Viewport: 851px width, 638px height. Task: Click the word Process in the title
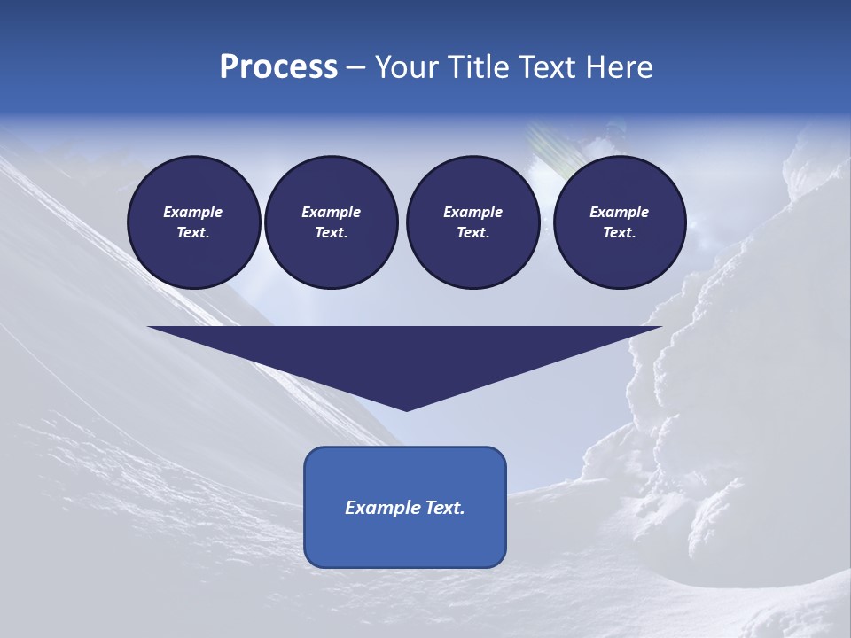point(278,67)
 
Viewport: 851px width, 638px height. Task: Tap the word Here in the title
point(621,67)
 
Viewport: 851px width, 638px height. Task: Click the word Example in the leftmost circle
point(193,212)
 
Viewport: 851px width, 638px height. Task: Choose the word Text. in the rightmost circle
point(620,233)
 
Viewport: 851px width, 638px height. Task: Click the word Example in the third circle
point(472,212)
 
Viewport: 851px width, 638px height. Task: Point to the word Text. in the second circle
point(331,233)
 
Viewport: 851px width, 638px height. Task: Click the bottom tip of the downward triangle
point(406,408)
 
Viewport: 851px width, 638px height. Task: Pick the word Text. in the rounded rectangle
point(443,508)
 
